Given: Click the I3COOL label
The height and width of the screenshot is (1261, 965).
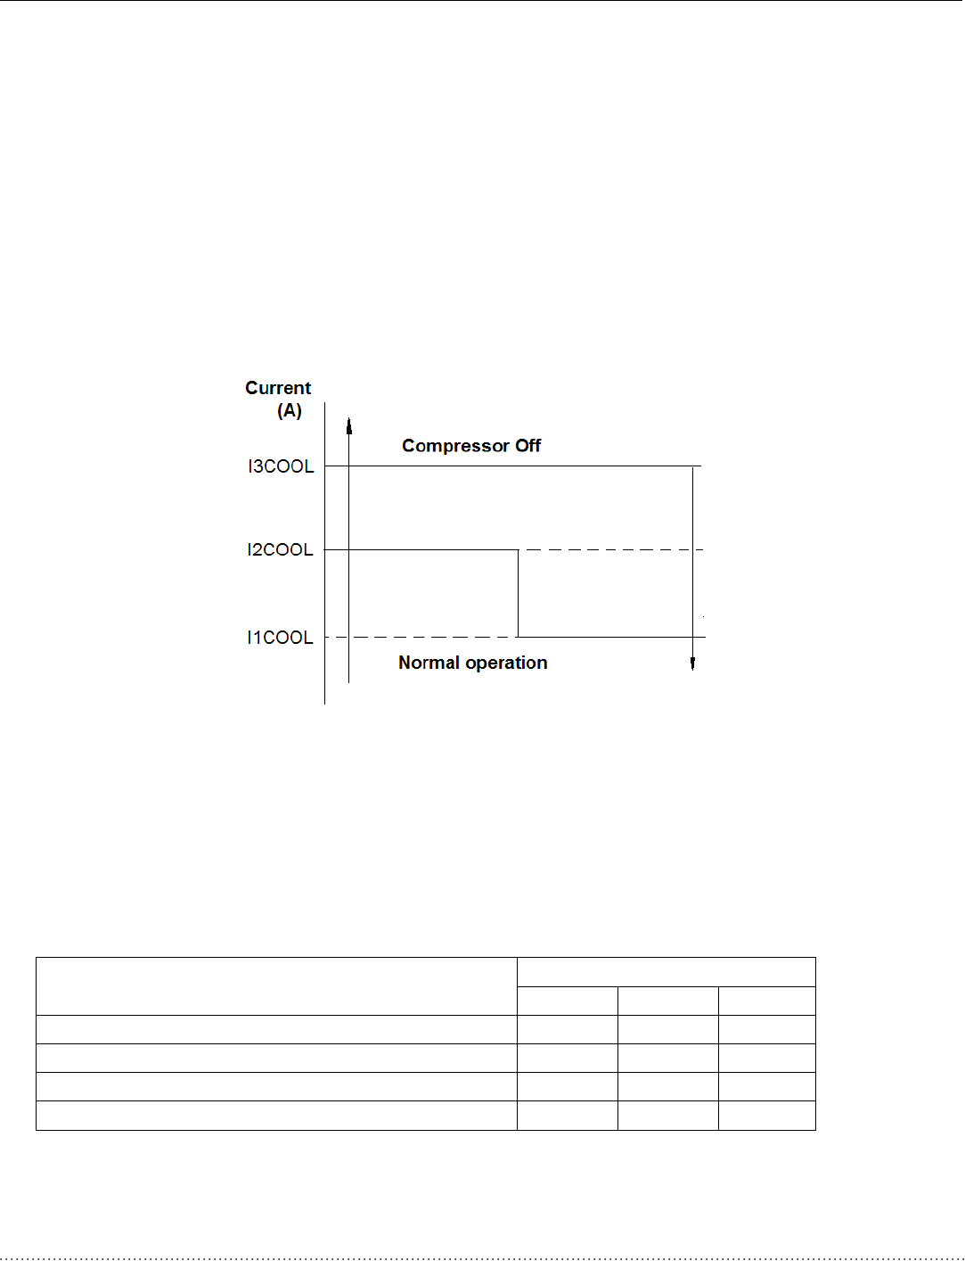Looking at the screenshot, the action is click(x=281, y=466).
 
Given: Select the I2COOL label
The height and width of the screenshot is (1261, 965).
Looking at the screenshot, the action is click(x=280, y=550).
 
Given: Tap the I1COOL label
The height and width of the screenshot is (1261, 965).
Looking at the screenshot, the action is click(x=280, y=638).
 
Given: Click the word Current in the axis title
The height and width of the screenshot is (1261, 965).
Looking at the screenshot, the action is click(x=278, y=388).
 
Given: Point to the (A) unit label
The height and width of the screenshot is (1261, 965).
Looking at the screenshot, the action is click(x=290, y=411).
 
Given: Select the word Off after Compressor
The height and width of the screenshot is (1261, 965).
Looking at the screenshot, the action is click(x=528, y=446).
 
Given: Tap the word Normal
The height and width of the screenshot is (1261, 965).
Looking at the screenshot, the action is click(x=429, y=663).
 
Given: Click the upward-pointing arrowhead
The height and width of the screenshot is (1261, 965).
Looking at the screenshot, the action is click(x=349, y=424).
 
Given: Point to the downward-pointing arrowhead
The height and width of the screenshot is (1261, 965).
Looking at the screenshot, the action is click(x=692, y=663).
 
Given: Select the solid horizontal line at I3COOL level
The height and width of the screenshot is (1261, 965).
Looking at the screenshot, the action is click(x=517, y=466).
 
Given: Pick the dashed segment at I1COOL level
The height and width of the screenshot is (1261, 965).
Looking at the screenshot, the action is click(x=428, y=637).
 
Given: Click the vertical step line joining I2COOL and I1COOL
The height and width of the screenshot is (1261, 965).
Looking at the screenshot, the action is click(x=518, y=593).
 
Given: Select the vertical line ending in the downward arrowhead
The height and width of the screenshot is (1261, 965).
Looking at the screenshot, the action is click(x=692, y=562).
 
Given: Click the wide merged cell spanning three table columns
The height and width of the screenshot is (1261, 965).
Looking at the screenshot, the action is click(x=666, y=972).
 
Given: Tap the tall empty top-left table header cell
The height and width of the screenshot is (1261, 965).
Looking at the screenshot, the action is click(x=276, y=986).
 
